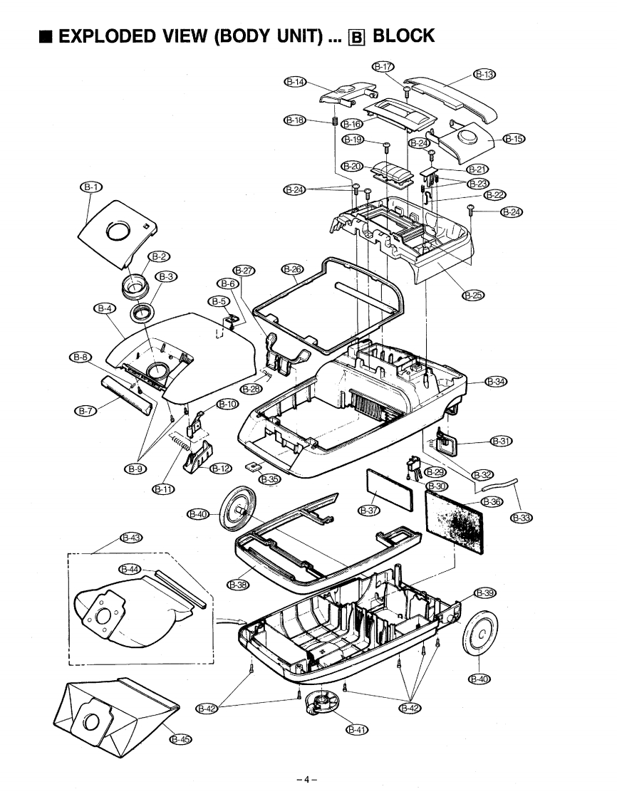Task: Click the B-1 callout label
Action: tap(90, 187)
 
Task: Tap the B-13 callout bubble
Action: tap(485, 74)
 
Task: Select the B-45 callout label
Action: tap(180, 739)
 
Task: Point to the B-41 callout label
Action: tap(357, 729)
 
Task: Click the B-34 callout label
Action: tap(496, 381)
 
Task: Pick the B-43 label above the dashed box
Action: tap(131, 538)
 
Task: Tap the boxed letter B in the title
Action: tap(356, 37)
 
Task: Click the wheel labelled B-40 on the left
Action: tap(238, 508)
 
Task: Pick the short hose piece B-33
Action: tap(498, 484)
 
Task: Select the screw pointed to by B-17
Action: tap(406, 91)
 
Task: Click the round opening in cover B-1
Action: tap(118, 231)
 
